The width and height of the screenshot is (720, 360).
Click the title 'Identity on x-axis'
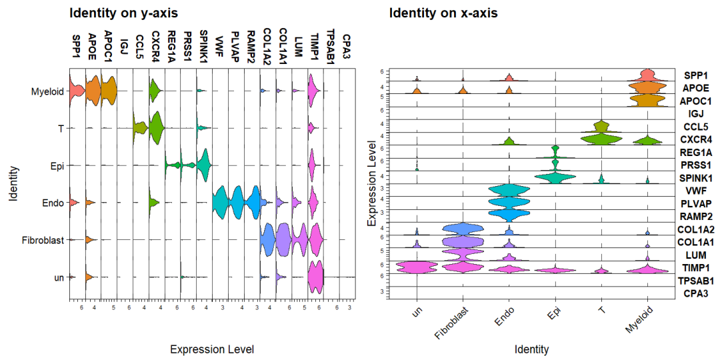point(443,13)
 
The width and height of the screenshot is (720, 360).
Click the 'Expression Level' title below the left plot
point(212,349)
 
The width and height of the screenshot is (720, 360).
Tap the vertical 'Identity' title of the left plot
point(13,184)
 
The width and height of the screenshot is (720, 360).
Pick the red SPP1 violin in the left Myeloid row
point(75,91)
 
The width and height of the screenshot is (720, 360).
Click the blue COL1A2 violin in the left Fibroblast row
point(268,240)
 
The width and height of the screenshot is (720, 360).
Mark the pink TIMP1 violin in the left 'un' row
point(315,276)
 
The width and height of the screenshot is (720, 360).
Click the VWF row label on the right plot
point(694,191)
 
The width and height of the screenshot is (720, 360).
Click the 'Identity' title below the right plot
point(531,349)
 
